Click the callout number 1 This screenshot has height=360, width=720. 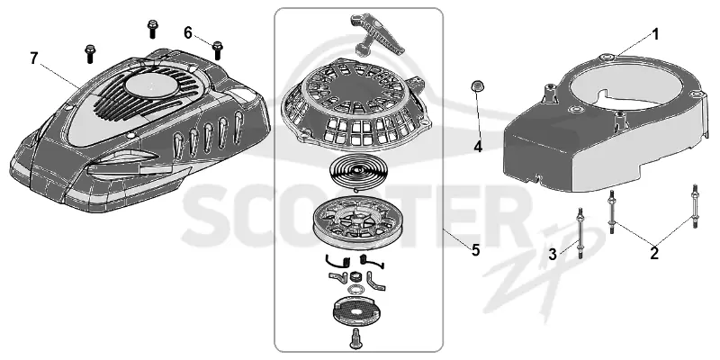[x=656, y=35]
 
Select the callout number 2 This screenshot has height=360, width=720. [x=654, y=253]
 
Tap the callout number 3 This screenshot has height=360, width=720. [x=553, y=255]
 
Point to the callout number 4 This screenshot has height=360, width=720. [x=478, y=148]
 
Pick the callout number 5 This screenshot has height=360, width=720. [x=475, y=251]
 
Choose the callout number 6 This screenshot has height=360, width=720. [x=188, y=33]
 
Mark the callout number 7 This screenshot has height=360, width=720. [x=34, y=58]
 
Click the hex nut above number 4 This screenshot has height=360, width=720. [x=476, y=86]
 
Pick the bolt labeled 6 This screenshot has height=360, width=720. [x=217, y=50]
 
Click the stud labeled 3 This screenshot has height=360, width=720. [x=580, y=233]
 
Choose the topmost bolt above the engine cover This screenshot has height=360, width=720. [x=152, y=29]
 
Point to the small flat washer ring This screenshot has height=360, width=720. [x=354, y=290]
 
